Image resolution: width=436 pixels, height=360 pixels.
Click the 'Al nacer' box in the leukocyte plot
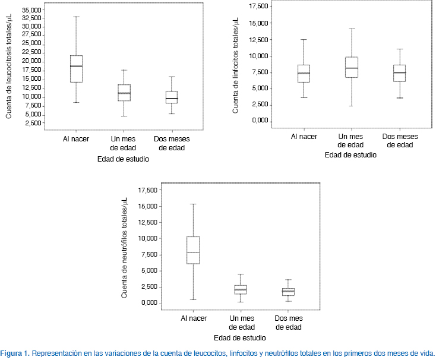[x=76, y=68]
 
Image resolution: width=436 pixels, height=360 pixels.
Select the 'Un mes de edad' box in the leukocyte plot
[x=124, y=93]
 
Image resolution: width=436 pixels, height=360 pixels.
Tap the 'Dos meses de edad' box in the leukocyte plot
[x=172, y=97]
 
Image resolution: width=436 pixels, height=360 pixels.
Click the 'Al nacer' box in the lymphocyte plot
[x=304, y=73]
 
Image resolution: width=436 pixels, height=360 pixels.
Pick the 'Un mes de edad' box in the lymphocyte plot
[x=351, y=68]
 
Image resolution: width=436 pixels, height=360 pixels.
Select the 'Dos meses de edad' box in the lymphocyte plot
[x=399, y=73]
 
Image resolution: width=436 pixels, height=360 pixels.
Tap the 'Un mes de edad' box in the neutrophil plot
[x=241, y=289]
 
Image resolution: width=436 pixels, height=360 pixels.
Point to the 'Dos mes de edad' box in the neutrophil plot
[x=288, y=291]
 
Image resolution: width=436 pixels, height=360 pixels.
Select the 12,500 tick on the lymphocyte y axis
[x=259, y=40]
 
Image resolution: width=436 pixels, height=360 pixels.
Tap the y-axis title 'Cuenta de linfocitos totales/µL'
[x=236, y=65]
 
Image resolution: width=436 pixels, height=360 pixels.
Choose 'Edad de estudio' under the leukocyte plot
[x=123, y=159]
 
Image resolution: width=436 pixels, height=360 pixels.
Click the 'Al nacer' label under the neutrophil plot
[x=194, y=319]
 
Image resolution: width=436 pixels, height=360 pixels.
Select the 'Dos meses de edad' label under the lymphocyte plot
[x=399, y=141]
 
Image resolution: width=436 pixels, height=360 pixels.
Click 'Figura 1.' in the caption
[x=15, y=353]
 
